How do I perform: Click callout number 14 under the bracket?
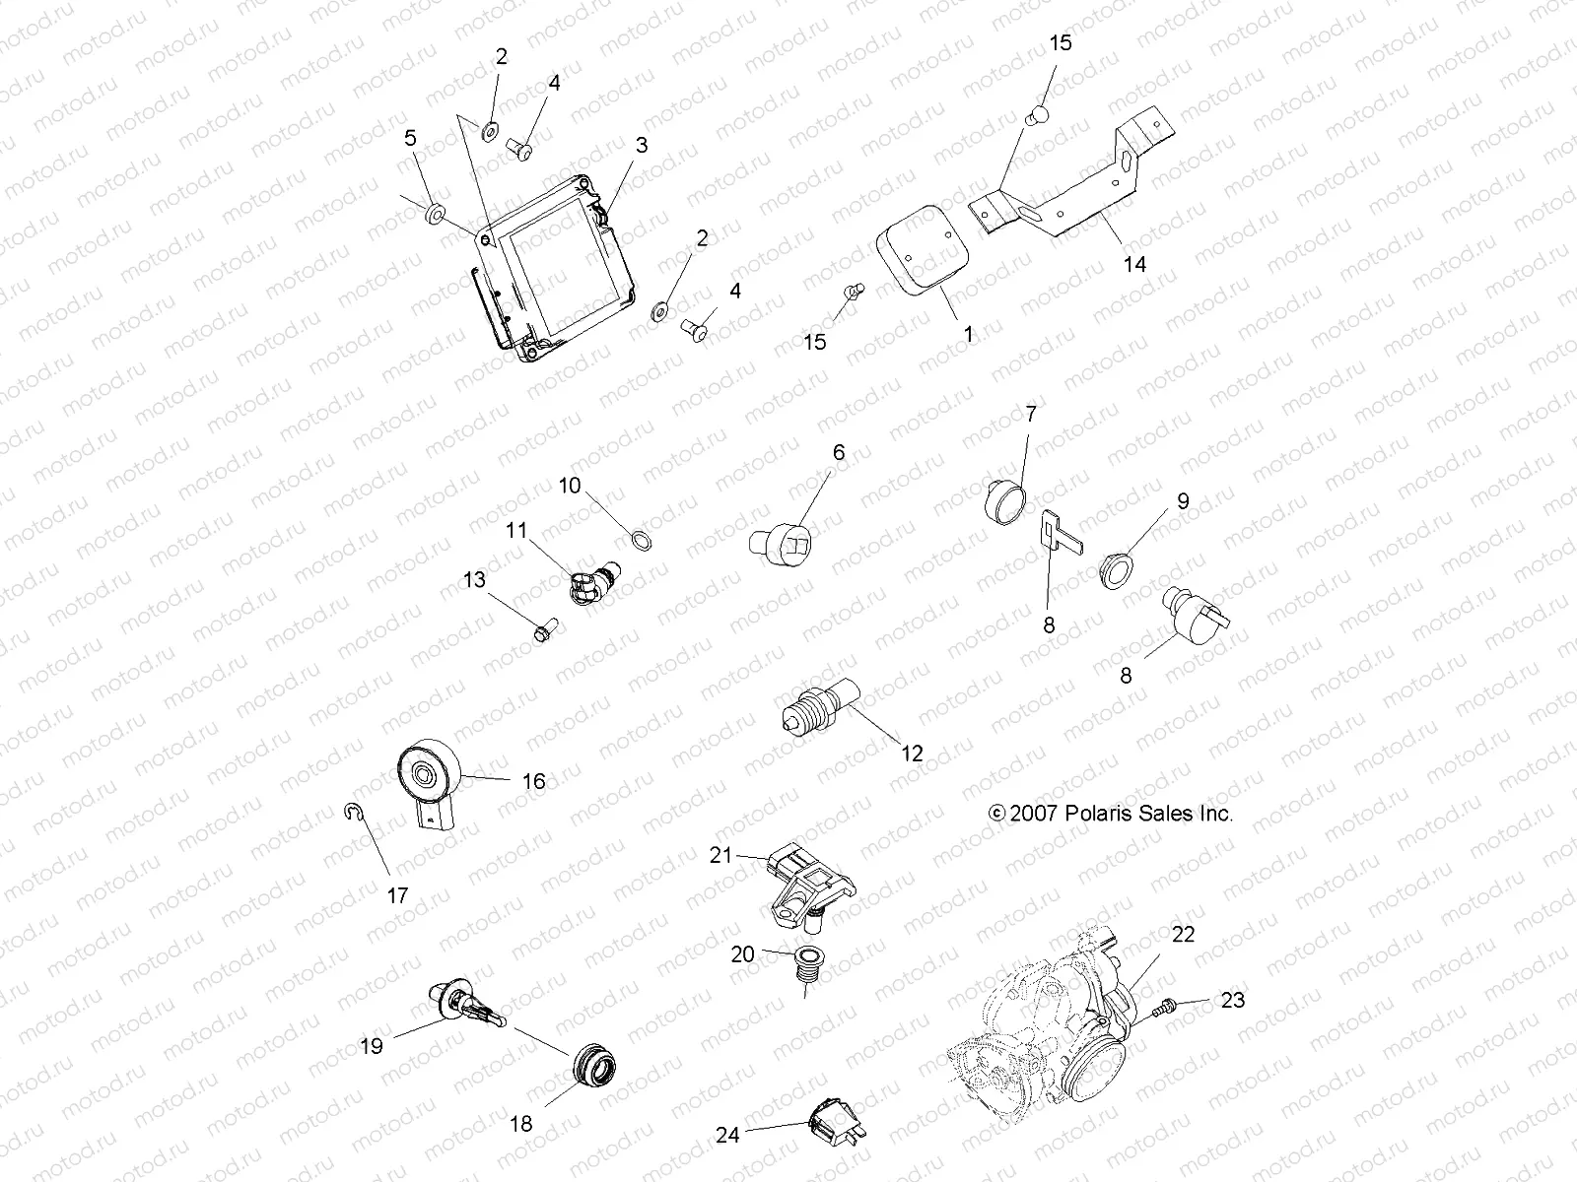pos(1134,264)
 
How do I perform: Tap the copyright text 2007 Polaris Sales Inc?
pos(1111,814)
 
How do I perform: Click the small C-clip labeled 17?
pos(355,811)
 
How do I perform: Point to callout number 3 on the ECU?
pos(641,146)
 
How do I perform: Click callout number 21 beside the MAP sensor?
pos(721,856)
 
